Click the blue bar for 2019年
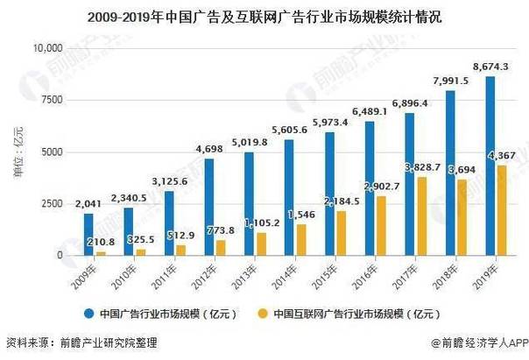coord(488,166)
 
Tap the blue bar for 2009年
coord(88,234)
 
